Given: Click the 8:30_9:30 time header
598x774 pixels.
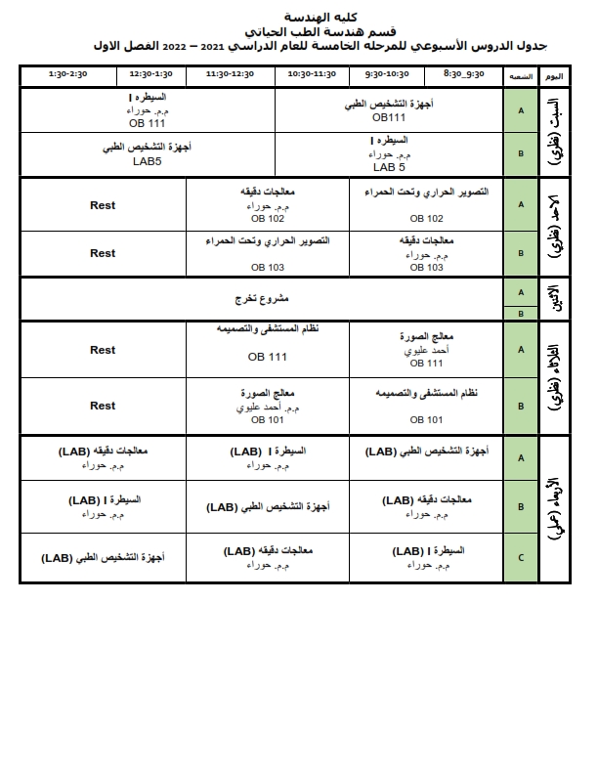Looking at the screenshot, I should [463, 74].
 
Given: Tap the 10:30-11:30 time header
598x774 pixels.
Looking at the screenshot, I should [312, 74].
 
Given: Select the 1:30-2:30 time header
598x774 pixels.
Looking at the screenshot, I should [68, 74].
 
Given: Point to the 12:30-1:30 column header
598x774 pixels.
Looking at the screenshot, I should [150, 74].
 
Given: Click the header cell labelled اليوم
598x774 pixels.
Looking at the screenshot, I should [552, 75].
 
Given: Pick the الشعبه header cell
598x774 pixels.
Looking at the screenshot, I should [519, 75].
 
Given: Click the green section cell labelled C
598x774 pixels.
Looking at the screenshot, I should [520, 558].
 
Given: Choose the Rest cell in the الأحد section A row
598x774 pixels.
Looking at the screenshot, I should [103, 205].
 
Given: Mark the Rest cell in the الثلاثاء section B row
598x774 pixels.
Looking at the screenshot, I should [103, 405].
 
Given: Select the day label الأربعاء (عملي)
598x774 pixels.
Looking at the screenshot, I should [553, 508].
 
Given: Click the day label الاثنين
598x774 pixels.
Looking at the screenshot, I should [553, 298].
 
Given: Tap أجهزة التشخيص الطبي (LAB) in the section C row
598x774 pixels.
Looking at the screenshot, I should [103, 558].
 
